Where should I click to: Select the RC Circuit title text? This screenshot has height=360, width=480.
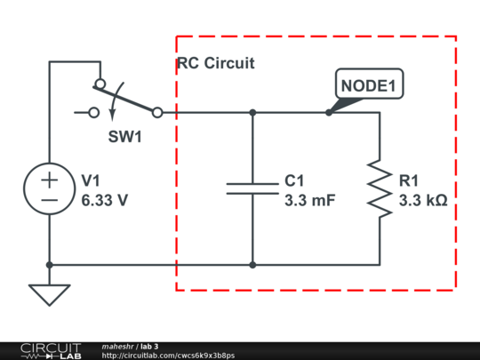tap(215, 63)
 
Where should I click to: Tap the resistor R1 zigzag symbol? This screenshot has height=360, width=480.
tap(380, 188)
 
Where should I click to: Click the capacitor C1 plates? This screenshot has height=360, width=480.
tap(252, 188)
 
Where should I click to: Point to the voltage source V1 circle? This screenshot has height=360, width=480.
tap(50, 188)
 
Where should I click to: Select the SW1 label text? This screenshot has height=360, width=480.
tap(125, 139)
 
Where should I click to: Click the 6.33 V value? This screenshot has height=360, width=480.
tap(105, 201)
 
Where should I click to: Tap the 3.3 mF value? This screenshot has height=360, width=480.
tap(309, 201)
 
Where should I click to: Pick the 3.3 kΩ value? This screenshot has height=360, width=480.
tap(423, 201)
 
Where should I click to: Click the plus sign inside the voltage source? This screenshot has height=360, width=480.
tap(50, 179)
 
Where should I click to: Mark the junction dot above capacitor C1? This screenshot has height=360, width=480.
tap(252, 113)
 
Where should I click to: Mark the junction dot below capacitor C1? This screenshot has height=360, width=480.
tap(252, 264)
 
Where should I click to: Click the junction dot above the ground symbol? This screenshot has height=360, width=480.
tap(50, 264)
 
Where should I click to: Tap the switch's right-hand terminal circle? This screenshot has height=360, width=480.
tap(157, 113)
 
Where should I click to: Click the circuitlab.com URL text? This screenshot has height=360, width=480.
tap(169, 356)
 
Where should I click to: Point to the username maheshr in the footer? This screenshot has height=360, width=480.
tap(118, 346)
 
